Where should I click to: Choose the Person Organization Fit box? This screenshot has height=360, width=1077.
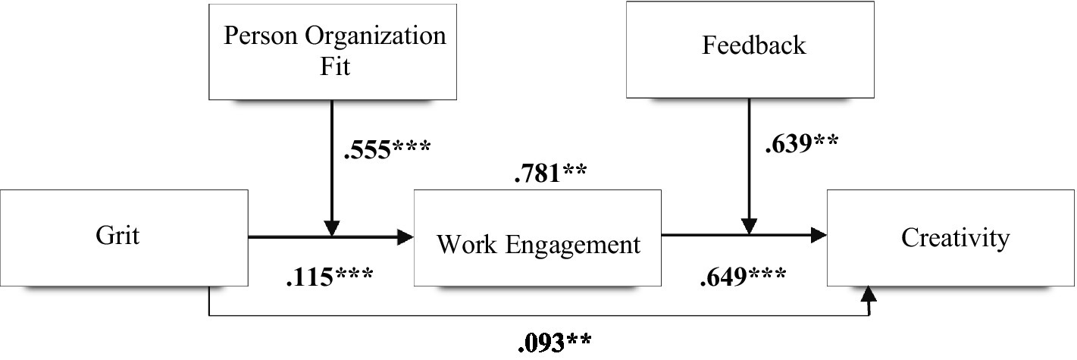point(333,51)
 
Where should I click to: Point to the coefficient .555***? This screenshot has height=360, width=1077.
point(387,148)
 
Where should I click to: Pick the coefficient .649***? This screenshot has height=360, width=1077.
point(741,279)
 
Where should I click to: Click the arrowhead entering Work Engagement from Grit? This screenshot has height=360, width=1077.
point(405,237)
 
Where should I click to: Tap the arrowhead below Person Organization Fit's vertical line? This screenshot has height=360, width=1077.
point(331,228)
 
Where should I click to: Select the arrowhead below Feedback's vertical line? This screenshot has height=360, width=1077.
point(749,227)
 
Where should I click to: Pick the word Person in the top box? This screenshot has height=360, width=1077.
point(257,36)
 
